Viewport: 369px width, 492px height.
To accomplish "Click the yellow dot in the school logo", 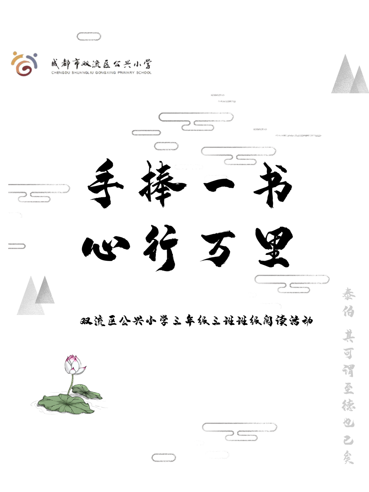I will coord(15,53).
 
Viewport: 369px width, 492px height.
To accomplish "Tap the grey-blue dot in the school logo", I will coord(35,54).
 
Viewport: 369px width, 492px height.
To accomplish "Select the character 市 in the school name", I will coord(78,64).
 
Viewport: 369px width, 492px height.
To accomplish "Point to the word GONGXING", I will coord(105,73).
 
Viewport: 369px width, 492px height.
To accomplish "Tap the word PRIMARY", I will coord(126,73).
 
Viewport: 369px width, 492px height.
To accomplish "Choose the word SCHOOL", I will coord(144,73).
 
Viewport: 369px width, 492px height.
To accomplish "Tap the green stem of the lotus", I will coord(71,384).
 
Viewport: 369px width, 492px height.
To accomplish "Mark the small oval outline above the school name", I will coord(89,37).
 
